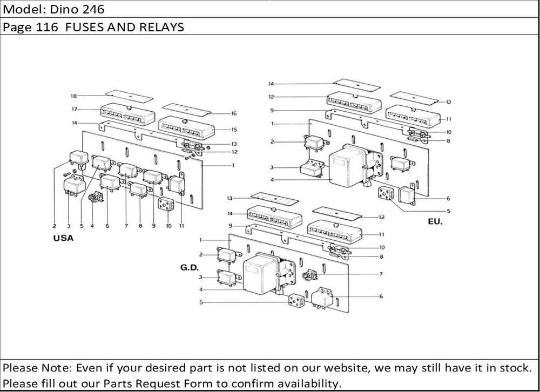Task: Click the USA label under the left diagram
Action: coord(64,238)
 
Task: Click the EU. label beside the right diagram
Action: coord(434,222)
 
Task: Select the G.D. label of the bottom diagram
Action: coord(189,267)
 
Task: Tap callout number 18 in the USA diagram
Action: coord(73,96)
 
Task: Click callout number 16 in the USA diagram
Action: coord(234,113)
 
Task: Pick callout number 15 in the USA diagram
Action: coord(234,130)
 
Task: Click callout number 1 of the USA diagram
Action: coord(233,165)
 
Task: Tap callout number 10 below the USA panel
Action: coord(168,226)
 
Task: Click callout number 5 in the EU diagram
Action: coord(448,211)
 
